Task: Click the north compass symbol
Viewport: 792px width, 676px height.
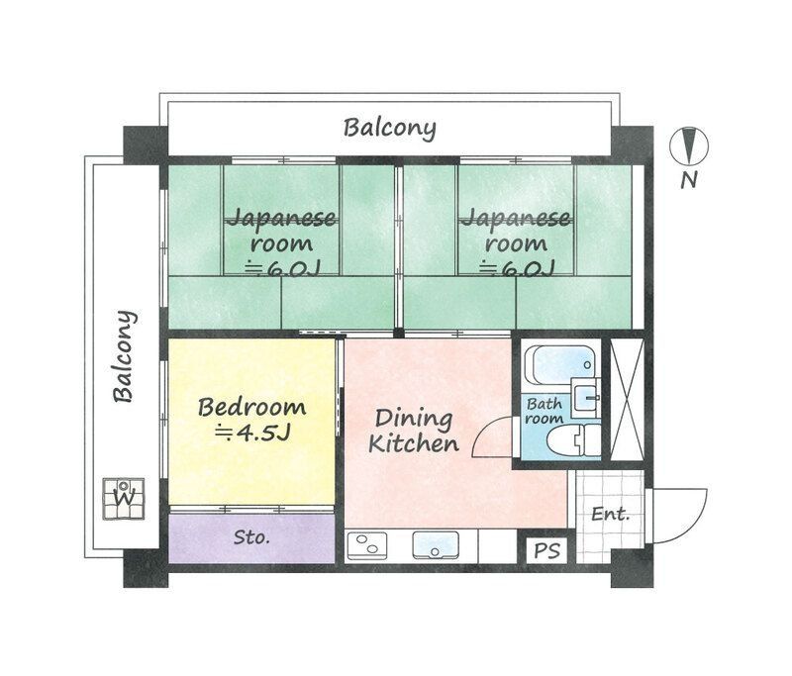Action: click(691, 148)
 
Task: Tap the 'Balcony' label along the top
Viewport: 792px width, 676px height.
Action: click(390, 128)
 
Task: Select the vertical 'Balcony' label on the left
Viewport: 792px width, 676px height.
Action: click(124, 357)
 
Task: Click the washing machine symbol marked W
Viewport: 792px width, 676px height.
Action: click(125, 497)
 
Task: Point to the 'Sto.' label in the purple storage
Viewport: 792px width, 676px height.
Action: click(252, 538)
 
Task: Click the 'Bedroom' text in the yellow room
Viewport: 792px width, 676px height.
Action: click(251, 407)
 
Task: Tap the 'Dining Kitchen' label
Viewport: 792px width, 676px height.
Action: click(413, 431)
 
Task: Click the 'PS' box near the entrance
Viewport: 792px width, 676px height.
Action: click(544, 550)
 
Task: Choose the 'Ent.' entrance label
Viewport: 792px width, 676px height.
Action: click(610, 514)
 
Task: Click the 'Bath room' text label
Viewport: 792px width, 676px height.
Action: click(544, 411)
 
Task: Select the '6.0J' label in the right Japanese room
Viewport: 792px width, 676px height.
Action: click(516, 267)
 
